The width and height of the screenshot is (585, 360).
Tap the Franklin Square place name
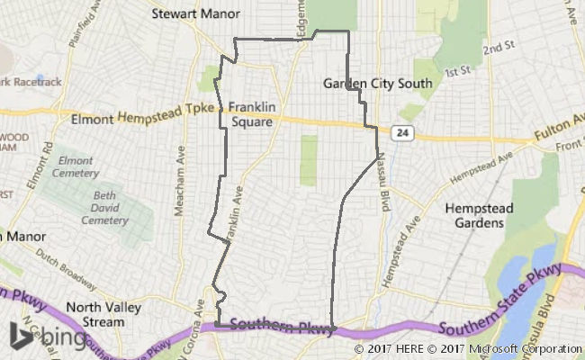(x=251, y=112)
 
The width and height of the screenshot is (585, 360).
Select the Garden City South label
(x=378, y=84)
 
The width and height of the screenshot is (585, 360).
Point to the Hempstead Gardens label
(x=473, y=214)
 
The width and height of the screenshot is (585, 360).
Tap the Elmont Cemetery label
(x=75, y=166)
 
